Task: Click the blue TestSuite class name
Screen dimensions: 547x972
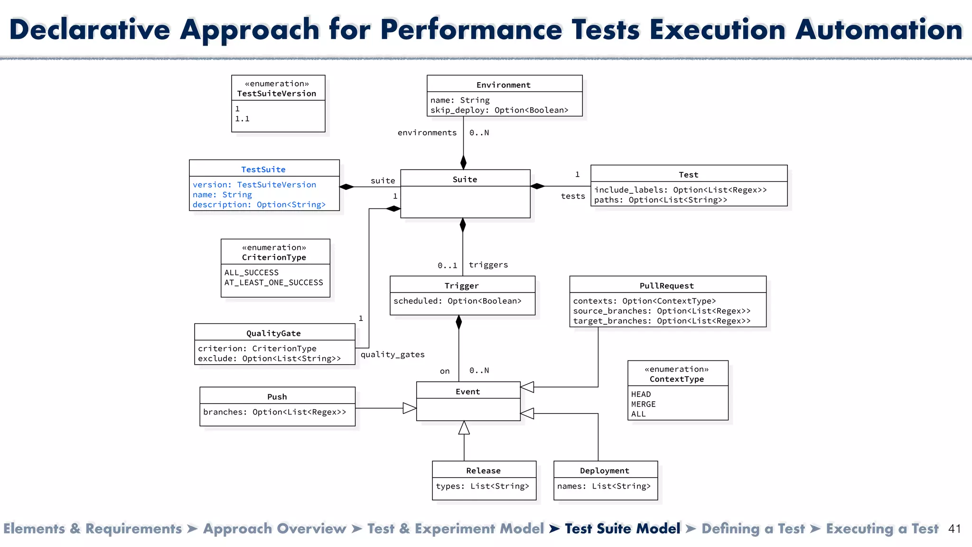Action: point(263,170)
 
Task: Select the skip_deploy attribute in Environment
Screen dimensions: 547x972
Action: point(499,110)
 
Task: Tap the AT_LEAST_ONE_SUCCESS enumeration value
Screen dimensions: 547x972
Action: point(273,283)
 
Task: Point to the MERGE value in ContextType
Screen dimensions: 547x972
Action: point(643,404)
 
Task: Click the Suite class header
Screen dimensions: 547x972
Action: point(465,179)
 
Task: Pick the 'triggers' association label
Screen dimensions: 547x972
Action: point(488,265)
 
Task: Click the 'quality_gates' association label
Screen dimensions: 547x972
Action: point(393,355)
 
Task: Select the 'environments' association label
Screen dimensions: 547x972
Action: point(427,133)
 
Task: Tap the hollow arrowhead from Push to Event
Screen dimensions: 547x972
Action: point(409,408)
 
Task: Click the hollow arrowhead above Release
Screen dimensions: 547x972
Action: point(464,428)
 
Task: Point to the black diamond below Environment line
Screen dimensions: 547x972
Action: point(463,162)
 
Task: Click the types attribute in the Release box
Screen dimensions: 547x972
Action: point(482,486)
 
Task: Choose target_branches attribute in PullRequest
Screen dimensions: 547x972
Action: point(662,321)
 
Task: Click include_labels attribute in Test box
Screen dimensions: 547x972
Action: point(680,190)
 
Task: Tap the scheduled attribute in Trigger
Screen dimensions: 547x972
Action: point(457,301)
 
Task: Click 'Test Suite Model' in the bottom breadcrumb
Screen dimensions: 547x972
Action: point(622,528)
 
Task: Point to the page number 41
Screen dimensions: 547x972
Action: point(954,529)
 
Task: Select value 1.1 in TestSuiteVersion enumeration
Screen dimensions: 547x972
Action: point(243,119)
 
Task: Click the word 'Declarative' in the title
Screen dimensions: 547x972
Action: point(90,29)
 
